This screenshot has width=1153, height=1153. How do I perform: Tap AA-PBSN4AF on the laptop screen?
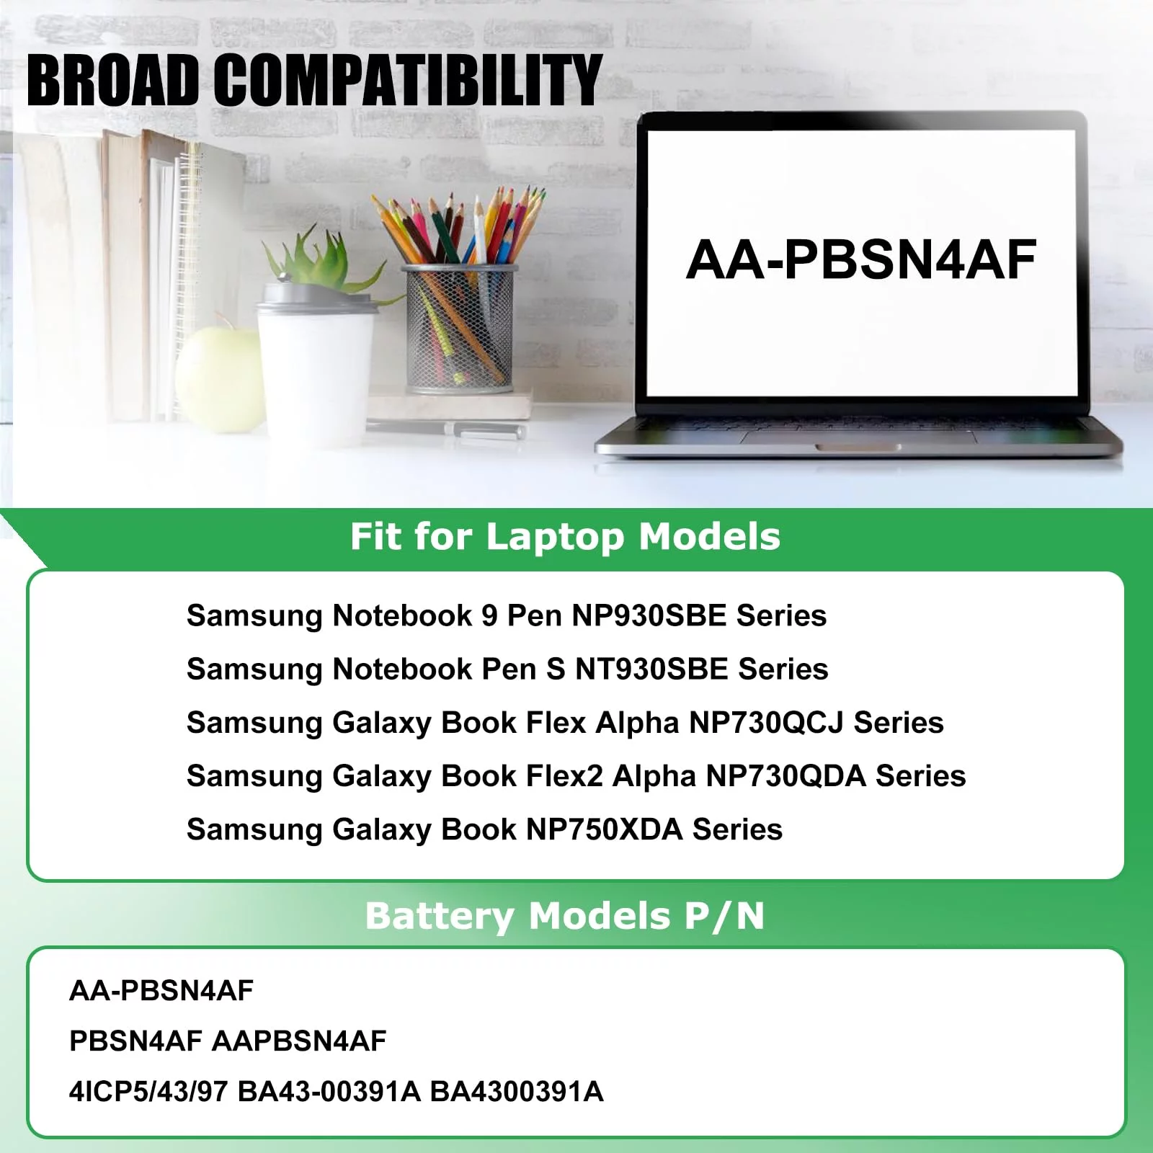861,259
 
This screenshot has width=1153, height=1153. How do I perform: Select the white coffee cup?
317,360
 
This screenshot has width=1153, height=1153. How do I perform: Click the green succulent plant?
310,256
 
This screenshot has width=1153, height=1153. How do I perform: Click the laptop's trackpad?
858,437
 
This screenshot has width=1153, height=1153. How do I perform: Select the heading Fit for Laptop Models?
565,537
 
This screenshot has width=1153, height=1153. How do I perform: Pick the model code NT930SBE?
651,669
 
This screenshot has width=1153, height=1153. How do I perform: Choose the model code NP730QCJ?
766,722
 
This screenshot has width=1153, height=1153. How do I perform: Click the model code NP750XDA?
605,829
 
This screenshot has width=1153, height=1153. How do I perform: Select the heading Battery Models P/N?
564,916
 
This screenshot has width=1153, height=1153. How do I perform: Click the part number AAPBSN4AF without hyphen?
299,1041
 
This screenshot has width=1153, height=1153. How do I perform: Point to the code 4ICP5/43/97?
148,1092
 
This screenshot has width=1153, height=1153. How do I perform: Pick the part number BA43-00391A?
329,1092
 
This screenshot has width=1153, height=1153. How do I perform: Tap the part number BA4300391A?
517,1092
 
